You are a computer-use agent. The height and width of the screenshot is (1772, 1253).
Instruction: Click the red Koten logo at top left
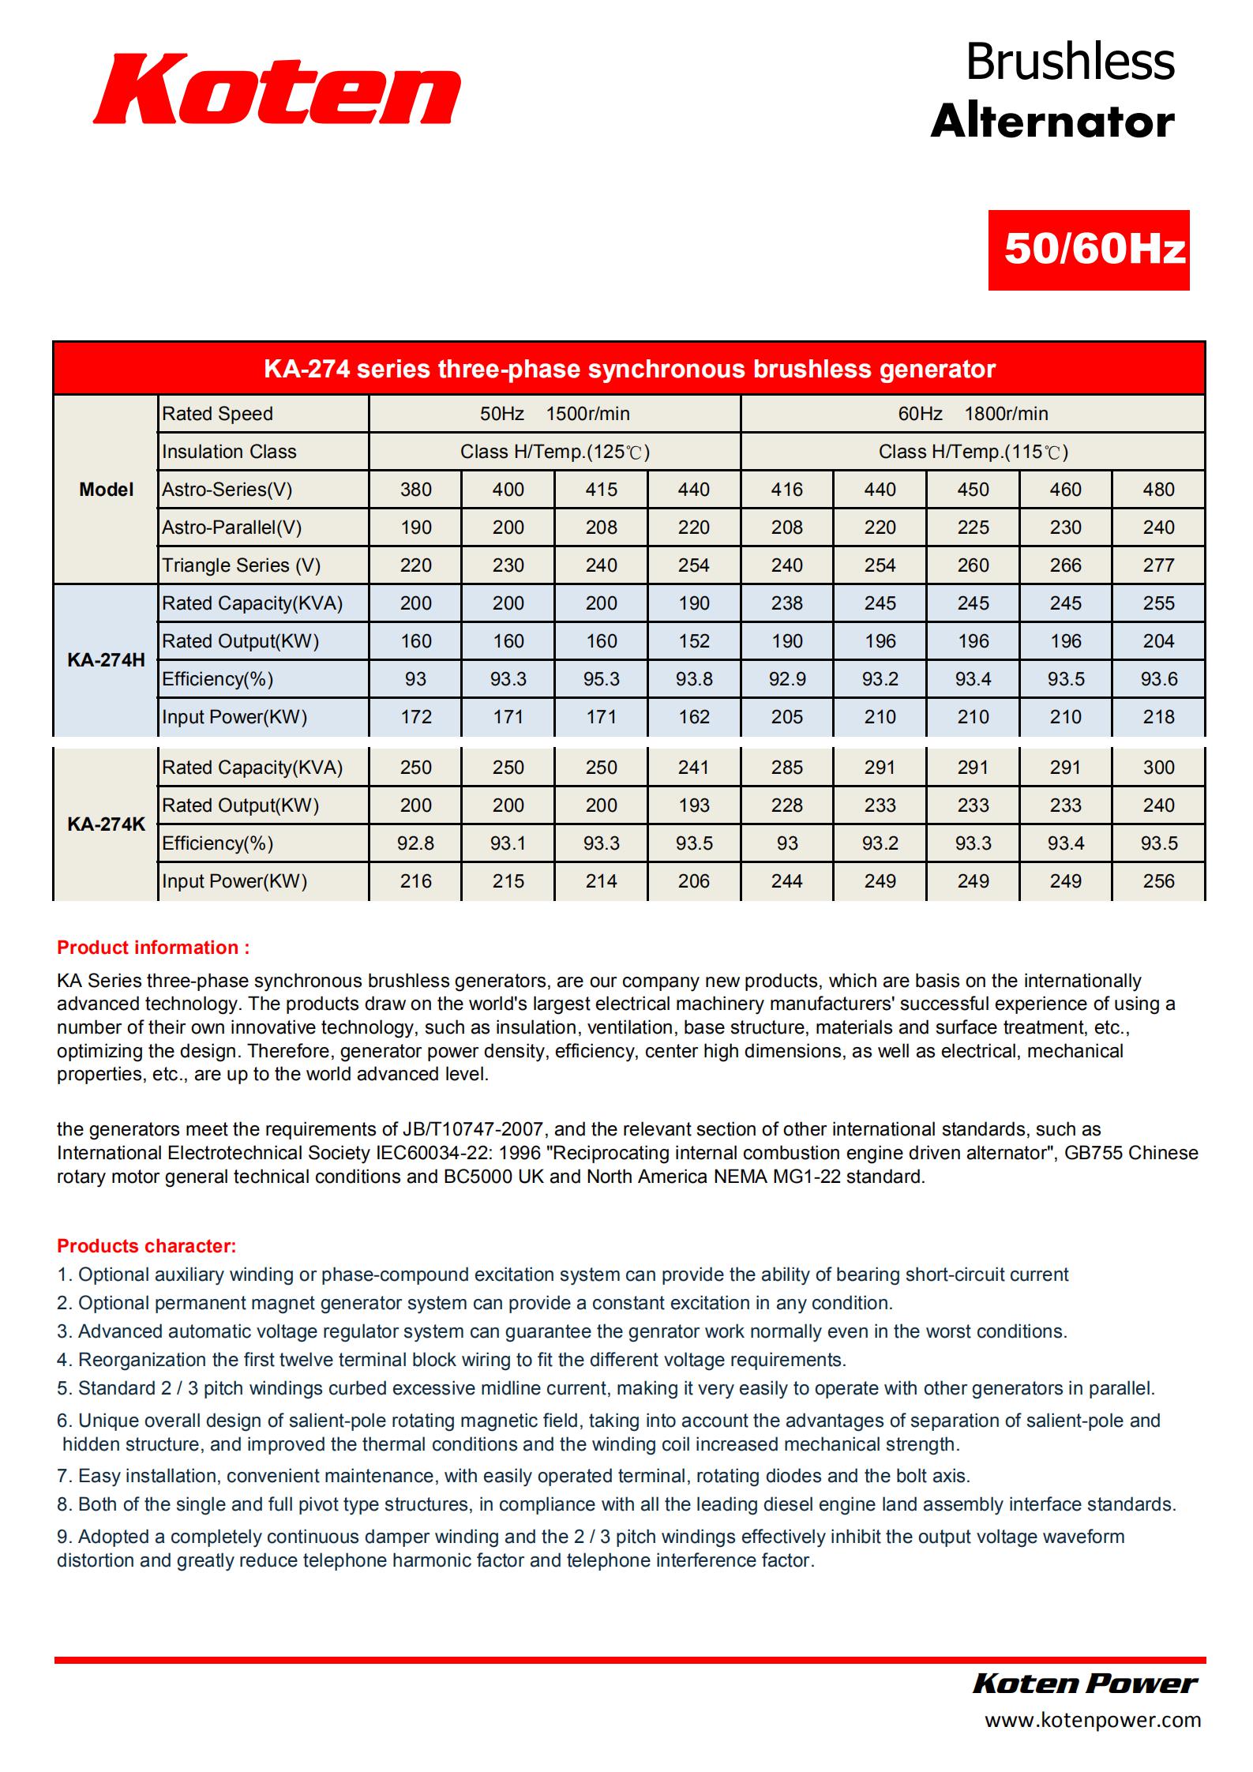[276, 89]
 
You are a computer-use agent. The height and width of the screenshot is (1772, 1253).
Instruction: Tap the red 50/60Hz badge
[1088, 250]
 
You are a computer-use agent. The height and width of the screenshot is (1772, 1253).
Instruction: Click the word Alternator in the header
[1052, 122]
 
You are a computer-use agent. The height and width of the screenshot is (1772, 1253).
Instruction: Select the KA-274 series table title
[628, 369]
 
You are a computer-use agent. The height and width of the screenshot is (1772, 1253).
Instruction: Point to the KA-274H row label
[106, 660]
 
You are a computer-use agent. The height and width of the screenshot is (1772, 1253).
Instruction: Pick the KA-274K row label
[106, 824]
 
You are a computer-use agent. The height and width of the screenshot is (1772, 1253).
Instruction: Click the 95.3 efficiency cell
[601, 679]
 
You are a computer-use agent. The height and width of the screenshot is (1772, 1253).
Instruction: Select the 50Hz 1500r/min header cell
[554, 414]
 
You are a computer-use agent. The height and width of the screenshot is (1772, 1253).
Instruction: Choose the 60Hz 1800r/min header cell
[973, 414]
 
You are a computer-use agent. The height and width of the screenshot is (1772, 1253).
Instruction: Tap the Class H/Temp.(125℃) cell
[554, 452]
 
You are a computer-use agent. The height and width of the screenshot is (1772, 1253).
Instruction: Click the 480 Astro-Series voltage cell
[1158, 490]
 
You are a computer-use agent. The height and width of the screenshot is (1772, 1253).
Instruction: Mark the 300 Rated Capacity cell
[1158, 768]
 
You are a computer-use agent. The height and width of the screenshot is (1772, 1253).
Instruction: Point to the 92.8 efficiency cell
[415, 843]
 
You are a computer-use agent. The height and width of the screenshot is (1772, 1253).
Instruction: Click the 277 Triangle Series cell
[1158, 565]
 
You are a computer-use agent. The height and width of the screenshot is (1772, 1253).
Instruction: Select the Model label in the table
[106, 490]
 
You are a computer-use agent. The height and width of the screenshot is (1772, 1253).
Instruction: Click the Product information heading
[153, 948]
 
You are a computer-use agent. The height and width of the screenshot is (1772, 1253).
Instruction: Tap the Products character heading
[146, 1246]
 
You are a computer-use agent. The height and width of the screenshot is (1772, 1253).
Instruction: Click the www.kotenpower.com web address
[1092, 1719]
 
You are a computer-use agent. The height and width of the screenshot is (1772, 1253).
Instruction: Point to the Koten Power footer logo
[1085, 1683]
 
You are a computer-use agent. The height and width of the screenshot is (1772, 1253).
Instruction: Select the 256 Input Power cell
[1158, 881]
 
